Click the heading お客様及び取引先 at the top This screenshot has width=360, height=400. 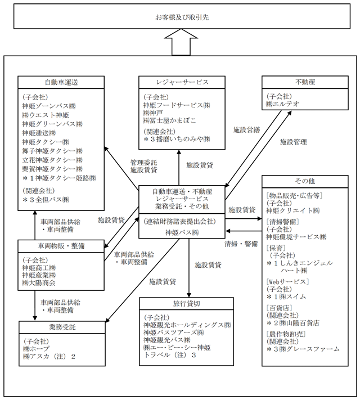[x=179, y=17]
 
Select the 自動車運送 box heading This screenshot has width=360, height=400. [x=61, y=82]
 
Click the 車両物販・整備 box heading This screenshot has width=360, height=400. [x=61, y=246]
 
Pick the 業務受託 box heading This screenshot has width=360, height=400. [x=61, y=327]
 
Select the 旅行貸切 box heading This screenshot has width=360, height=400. [x=186, y=303]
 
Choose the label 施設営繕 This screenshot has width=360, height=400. [x=246, y=130]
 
